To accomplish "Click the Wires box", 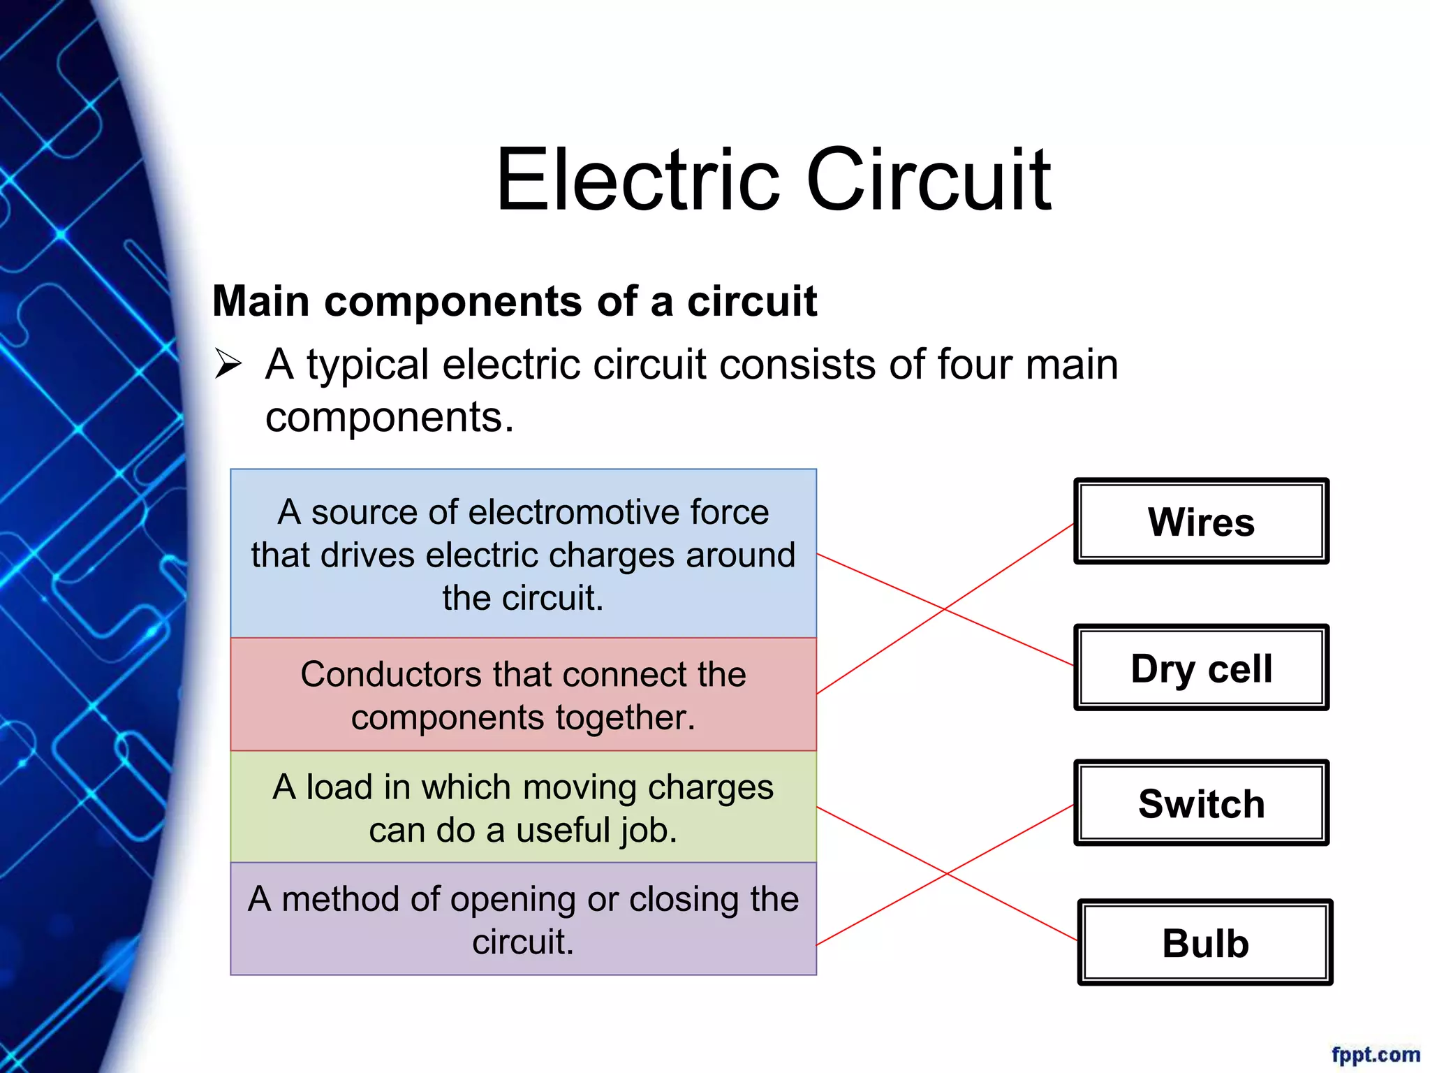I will (1201, 522).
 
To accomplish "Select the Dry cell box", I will (1201, 668).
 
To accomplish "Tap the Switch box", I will (1201, 803).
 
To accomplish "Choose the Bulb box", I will (1205, 942).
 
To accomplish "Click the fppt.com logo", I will (1375, 1054).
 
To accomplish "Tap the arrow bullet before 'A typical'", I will (228, 364).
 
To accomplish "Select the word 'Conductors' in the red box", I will (392, 675).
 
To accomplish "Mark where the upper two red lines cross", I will (945, 609).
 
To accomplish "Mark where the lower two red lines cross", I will (948, 873).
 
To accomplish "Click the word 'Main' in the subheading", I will (260, 301).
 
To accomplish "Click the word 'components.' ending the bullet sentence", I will (389, 418).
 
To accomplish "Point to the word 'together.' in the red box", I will (626, 718).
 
